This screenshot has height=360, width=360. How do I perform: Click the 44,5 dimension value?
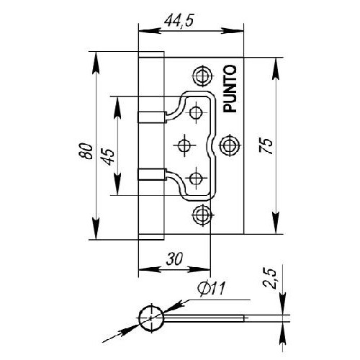[x=179, y=21]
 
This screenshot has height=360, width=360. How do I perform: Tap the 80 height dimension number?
[x=86, y=151]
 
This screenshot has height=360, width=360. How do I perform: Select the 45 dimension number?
[x=109, y=157]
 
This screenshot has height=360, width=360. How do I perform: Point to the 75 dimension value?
[x=266, y=145]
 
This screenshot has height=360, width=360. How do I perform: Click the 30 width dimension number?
[x=174, y=258]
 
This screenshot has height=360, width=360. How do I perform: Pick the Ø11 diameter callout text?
[x=212, y=289]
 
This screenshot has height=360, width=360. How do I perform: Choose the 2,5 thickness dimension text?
[x=269, y=279]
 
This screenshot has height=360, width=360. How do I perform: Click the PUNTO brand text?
[x=230, y=89]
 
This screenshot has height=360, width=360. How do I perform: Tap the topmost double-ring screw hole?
[x=203, y=76]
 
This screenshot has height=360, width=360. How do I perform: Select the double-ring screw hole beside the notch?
[x=230, y=145]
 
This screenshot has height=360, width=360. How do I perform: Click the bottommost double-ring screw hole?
[x=203, y=215]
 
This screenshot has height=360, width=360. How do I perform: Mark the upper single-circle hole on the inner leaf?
[x=196, y=112]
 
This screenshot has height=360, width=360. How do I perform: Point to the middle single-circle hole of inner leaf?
[x=184, y=145]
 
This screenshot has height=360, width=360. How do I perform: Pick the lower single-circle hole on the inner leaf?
[x=196, y=178]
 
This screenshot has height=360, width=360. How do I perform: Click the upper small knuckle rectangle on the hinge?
[x=152, y=117]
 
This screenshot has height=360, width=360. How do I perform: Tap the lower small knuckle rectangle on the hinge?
[x=152, y=174]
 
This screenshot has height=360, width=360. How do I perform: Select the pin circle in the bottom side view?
[x=151, y=318]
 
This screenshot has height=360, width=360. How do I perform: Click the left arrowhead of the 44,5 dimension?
[x=149, y=31]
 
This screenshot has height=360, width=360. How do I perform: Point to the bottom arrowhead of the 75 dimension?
[x=276, y=222]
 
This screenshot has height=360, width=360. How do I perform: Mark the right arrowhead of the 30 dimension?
[x=199, y=269]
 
